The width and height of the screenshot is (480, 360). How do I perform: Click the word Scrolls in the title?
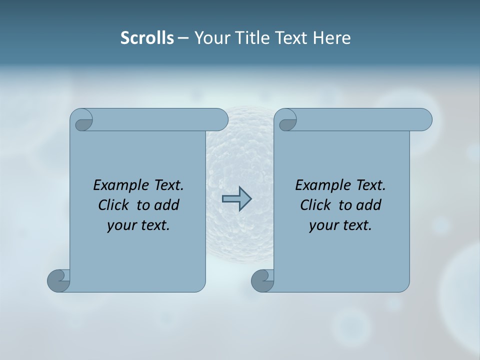147,38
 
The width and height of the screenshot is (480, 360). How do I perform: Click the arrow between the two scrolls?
236,199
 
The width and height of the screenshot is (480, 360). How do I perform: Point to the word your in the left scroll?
120,225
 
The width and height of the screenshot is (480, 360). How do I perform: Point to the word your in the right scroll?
322,225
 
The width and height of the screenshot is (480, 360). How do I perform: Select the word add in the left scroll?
167,205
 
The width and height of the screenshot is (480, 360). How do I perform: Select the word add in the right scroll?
369,205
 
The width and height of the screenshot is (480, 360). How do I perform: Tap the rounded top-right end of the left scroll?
220,119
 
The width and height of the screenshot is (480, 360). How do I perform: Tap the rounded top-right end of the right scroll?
424,119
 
